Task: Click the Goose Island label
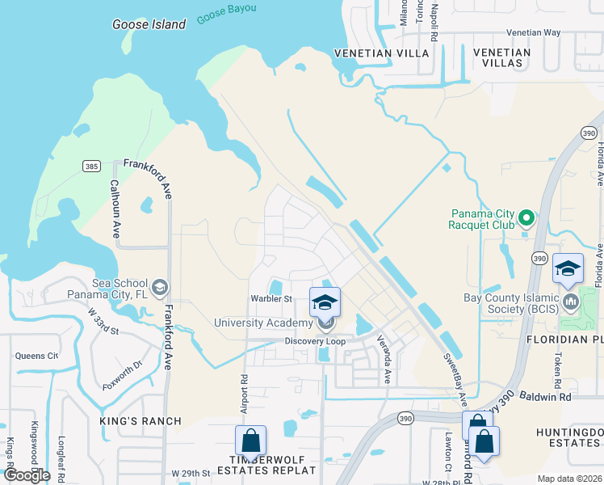point(149,24)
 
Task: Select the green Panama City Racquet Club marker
point(526,217)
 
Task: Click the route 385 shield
point(91,166)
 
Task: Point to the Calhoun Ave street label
point(115,208)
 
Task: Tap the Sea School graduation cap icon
point(160,286)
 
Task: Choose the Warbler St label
point(271,298)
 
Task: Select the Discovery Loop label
point(315,341)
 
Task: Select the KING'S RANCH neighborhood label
point(141,421)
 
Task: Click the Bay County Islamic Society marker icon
point(572,302)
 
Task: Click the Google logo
point(26,475)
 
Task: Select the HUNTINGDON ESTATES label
point(569,437)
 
